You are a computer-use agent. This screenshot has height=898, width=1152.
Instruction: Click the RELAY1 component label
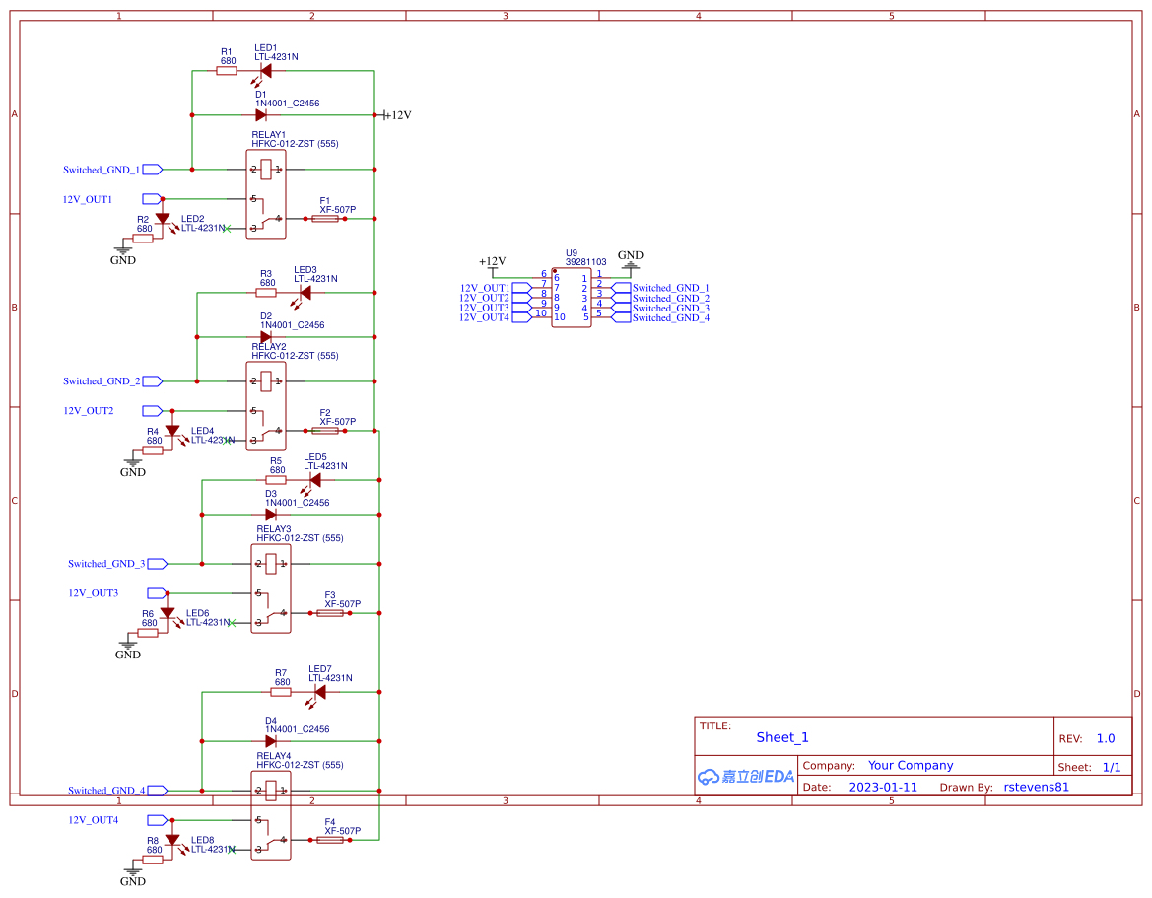[268, 134]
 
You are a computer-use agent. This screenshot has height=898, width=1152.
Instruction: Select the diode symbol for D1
[262, 115]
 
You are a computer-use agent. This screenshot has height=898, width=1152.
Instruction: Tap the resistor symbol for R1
[227, 71]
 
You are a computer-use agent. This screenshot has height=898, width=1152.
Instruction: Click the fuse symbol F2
[324, 431]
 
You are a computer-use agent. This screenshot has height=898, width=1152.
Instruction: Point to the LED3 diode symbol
[305, 293]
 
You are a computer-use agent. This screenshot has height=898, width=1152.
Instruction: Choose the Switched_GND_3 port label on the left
[106, 564]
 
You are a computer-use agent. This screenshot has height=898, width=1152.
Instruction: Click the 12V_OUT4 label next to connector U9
[484, 317]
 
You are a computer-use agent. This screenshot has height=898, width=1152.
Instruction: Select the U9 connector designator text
[572, 252]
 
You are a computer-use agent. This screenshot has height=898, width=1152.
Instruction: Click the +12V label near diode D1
[397, 115]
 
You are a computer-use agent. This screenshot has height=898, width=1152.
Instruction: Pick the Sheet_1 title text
[782, 737]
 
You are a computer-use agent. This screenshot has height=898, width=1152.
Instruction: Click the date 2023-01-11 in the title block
[882, 787]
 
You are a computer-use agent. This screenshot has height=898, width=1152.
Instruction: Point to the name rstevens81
[1036, 787]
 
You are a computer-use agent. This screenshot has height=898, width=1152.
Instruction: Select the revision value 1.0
[1106, 738]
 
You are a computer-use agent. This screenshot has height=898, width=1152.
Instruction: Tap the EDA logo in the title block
[746, 776]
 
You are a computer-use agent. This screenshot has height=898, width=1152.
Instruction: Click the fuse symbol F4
[329, 840]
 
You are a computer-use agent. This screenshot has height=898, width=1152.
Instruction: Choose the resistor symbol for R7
[282, 692]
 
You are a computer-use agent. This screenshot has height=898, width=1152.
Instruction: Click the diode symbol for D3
[271, 515]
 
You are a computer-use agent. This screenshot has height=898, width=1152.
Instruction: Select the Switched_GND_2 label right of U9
[670, 298]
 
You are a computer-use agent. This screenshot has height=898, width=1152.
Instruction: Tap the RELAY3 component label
[274, 529]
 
